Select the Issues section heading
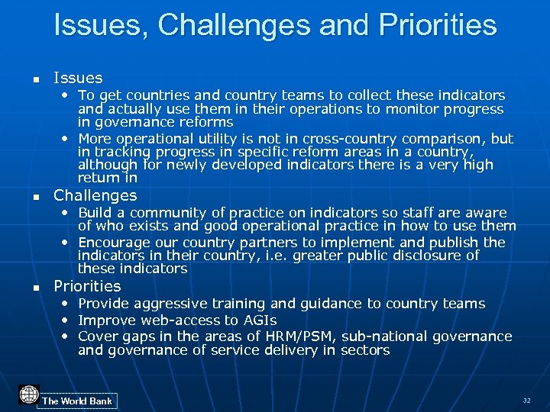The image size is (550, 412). coord(78,78)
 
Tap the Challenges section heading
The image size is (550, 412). coord(95,195)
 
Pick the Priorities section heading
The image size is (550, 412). coord(87,286)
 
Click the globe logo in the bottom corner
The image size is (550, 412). coord(29,394)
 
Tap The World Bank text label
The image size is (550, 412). coord(77,401)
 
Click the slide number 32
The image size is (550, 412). coord(526,400)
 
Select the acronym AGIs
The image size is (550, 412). coord(260,320)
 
